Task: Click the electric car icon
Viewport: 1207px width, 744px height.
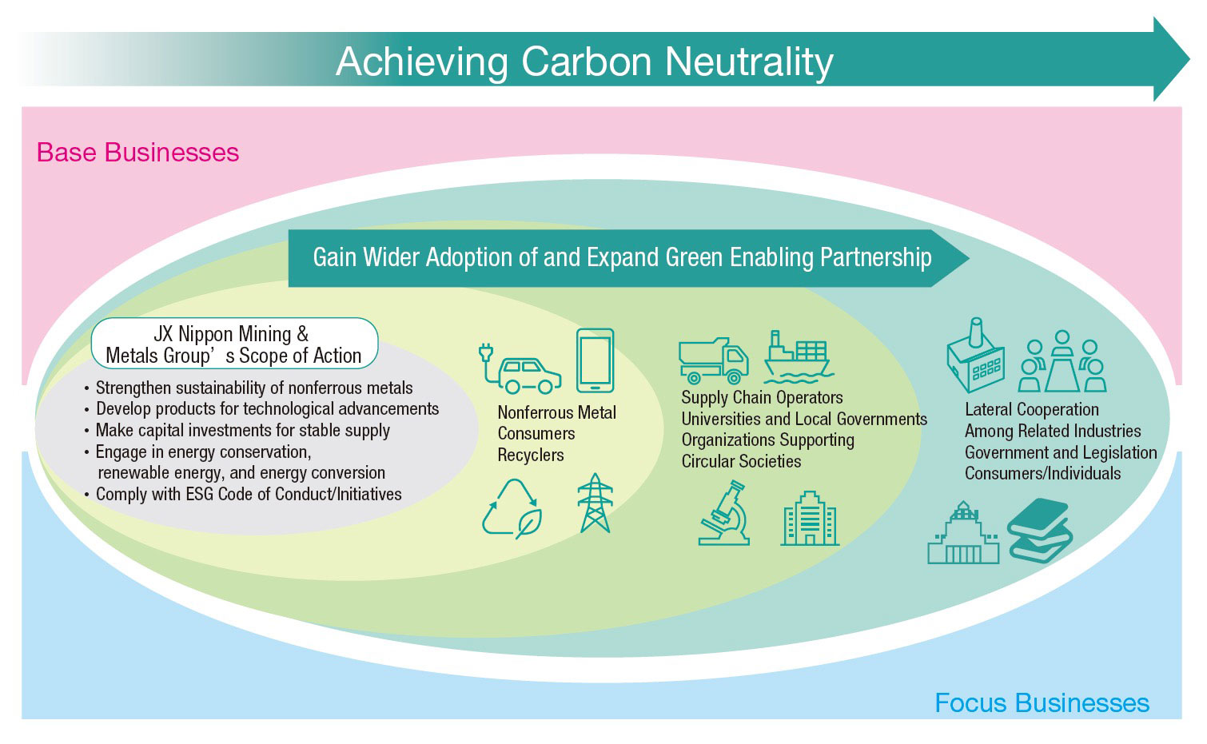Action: click(x=520, y=369)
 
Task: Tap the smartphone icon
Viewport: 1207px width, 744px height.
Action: click(x=595, y=360)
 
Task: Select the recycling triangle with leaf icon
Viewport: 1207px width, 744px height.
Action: click(x=512, y=508)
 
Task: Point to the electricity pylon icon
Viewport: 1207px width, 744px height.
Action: click(x=595, y=503)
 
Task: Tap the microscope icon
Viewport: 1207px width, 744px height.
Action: click(x=723, y=513)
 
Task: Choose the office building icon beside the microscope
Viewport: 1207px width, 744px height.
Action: click(x=810, y=518)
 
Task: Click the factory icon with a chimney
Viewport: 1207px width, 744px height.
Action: click(x=975, y=356)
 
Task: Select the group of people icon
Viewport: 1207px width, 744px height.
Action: click(x=1062, y=361)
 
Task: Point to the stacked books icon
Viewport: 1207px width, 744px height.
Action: click(x=1039, y=531)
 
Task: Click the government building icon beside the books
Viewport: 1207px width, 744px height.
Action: click(x=963, y=533)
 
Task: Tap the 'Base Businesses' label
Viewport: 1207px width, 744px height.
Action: click(x=137, y=153)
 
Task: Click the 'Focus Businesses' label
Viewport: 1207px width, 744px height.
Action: click(x=1042, y=703)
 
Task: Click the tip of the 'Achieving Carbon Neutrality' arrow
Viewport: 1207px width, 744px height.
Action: click(x=1189, y=59)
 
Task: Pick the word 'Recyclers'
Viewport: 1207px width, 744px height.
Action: click(x=530, y=456)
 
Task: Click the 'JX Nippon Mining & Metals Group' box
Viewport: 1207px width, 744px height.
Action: click(x=234, y=344)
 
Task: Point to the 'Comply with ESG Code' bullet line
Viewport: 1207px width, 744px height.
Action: click(x=243, y=494)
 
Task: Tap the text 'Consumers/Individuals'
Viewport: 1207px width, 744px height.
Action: click(x=1042, y=474)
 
